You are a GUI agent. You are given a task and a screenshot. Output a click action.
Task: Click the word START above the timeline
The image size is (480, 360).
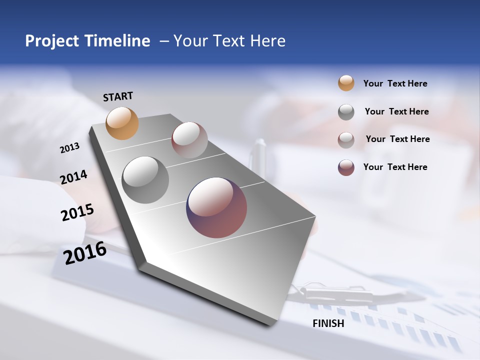tap(118, 96)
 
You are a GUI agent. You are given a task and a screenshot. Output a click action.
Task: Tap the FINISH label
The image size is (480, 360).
tap(328, 323)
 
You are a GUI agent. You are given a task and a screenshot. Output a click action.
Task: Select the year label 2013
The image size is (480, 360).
tap(70, 148)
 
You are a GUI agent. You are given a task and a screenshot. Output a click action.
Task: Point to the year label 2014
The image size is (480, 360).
tap(74, 177)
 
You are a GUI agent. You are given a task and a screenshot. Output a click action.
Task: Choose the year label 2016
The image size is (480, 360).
tap(85, 253)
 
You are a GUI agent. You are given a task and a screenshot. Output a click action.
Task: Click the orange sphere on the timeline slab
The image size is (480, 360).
tap(122, 123)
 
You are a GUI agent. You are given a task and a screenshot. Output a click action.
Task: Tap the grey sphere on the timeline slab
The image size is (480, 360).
tap(145, 180)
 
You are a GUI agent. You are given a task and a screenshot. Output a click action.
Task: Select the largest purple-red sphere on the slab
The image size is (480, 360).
tap(216, 207)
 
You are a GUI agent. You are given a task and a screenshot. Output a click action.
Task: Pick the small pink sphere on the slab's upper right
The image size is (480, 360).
tap(189, 140)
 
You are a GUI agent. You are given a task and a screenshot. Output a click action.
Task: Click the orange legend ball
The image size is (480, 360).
tap(346, 83)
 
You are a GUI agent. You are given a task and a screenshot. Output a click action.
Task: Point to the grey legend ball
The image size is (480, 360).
tap(346, 112)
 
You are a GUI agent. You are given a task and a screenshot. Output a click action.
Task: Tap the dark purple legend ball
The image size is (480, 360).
tap(346, 167)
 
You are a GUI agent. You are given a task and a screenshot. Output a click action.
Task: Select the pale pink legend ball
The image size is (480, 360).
tap(346, 140)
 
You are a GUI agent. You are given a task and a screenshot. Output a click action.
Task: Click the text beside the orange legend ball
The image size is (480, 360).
tap(395, 84)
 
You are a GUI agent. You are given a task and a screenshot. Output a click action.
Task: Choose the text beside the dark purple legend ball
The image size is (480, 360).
tap(395, 167)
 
